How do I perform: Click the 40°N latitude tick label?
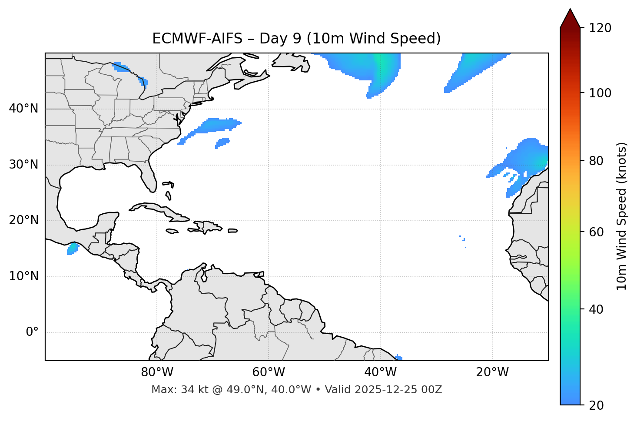pos(23,109)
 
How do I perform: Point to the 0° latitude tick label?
pos(32,332)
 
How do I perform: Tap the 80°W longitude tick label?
pos(157,372)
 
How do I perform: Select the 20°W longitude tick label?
pos(492,372)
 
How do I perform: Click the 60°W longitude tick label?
pos(269,372)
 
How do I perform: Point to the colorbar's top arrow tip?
pos(570,9)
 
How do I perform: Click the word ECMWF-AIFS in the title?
pos(197,39)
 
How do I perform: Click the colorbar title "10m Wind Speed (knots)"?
pos(622,216)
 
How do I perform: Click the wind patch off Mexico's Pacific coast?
pos(72,249)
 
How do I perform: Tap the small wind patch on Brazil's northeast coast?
pos(398,357)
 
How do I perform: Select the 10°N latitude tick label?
pos(23,276)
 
